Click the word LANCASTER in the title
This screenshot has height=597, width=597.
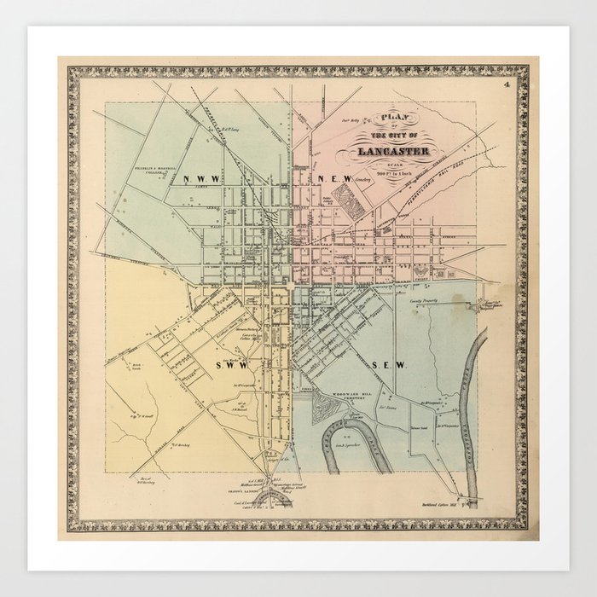tap(382, 152)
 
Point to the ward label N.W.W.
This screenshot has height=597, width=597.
tap(200, 178)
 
